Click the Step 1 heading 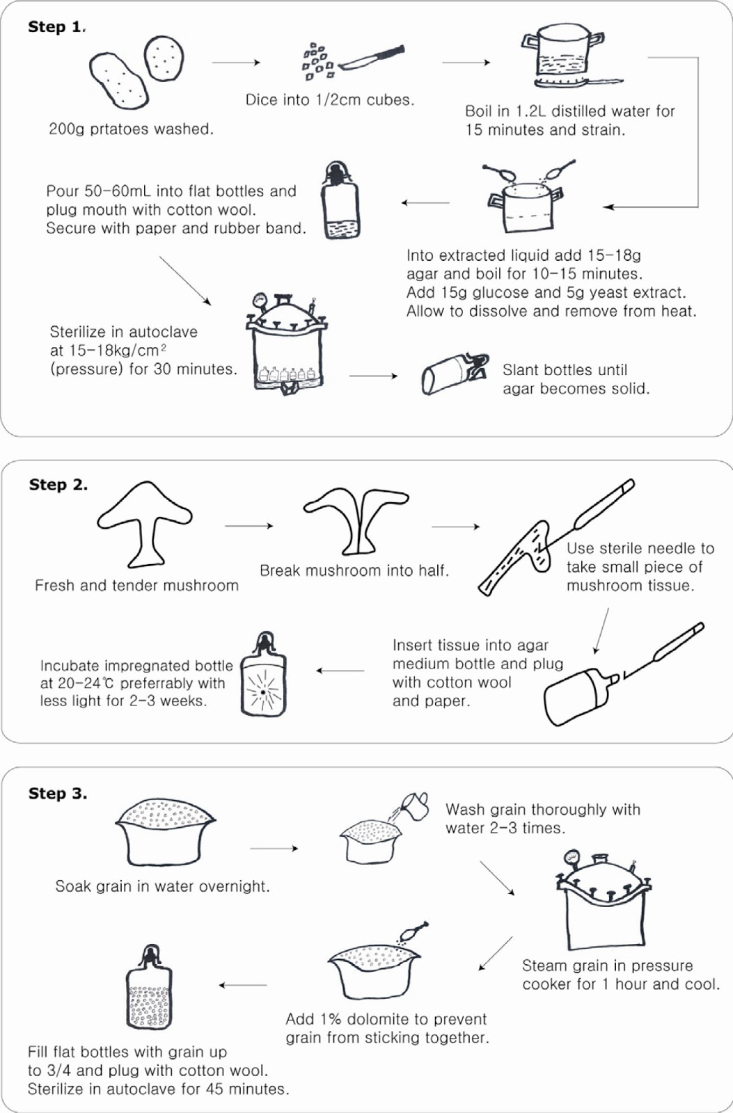56,27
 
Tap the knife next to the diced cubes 374,58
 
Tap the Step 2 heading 58,485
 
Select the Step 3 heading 57,794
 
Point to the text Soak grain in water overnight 162,886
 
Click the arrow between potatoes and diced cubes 235,63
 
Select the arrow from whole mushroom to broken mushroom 249,526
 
